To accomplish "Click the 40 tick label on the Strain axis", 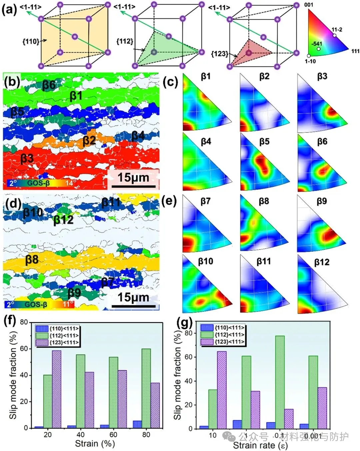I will point(80,435).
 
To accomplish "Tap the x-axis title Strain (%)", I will point(95,444).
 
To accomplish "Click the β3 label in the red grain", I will point(27,159).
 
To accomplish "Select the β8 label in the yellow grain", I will point(32,259).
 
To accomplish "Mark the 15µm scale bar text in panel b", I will point(133,178).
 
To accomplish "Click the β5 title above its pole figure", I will point(264,142).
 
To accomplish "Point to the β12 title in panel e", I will point(322,262).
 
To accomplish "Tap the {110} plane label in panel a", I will point(31,42).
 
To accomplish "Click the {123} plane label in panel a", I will point(219,53).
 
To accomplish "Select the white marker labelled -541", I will point(319,49).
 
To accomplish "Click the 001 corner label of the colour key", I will point(309,5).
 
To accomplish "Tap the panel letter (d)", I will point(13,203).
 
